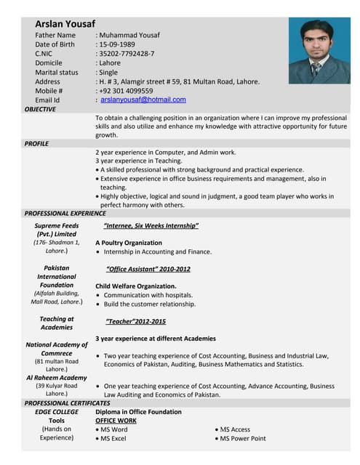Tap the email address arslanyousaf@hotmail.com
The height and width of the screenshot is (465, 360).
click(x=143, y=100)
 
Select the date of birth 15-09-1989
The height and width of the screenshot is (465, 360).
click(x=124, y=44)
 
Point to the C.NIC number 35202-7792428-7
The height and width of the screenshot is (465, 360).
click(x=127, y=54)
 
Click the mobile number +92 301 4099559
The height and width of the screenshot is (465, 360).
click(x=126, y=91)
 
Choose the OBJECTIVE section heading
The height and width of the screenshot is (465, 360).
click(x=40, y=109)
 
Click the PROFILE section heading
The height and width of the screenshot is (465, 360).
click(x=36, y=144)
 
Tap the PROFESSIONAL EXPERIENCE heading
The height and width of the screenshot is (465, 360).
click(x=65, y=214)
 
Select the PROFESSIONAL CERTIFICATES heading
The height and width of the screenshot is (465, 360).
click(x=67, y=403)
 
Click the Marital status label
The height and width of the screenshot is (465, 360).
click(x=56, y=73)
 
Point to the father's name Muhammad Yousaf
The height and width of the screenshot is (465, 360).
click(x=129, y=35)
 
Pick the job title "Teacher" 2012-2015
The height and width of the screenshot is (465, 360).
click(x=135, y=321)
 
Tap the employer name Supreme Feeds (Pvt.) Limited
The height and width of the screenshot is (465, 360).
click(x=57, y=230)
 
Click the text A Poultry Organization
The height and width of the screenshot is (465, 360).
click(x=129, y=243)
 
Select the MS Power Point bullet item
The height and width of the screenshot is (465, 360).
click(x=243, y=439)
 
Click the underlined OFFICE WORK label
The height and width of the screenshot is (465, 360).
click(x=116, y=421)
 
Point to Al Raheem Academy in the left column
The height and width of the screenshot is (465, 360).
click(x=57, y=378)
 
